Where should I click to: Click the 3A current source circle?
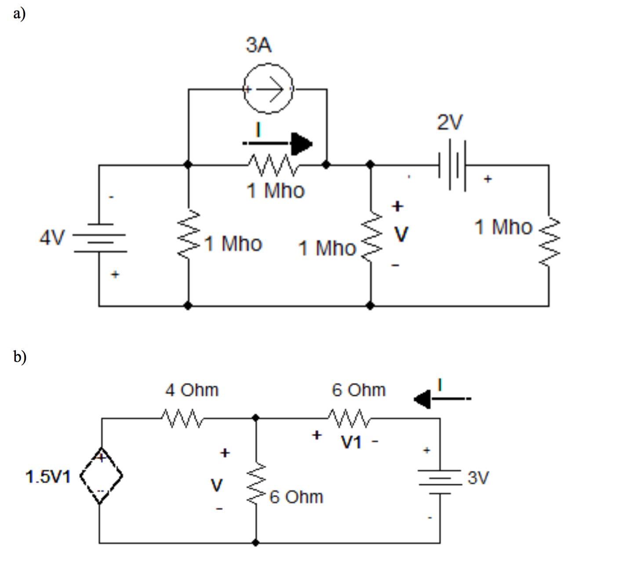pyautogui.click(x=268, y=89)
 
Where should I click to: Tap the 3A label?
pyautogui.click(x=258, y=45)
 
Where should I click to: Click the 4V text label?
pyautogui.click(x=52, y=238)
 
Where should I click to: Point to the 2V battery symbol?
pyautogui.click(x=452, y=165)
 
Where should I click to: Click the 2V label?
pyautogui.click(x=449, y=122)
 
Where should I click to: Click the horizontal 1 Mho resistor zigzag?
pyautogui.click(x=273, y=164)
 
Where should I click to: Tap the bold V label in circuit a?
pyautogui.click(x=401, y=234)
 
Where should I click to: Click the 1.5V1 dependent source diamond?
pyautogui.click(x=101, y=476)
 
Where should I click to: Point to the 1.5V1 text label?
pyautogui.click(x=47, y=477)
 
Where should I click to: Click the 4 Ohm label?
pyautogui.click(x=192, y=390)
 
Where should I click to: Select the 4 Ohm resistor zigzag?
pyautogui.click(x=182, y=418)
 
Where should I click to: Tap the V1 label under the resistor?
pyautogui.click(x=351, y=442)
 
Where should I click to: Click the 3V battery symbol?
pyautogui.click(x=440, y=478)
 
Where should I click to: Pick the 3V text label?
pyautogui.click(x=478, y=477)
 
